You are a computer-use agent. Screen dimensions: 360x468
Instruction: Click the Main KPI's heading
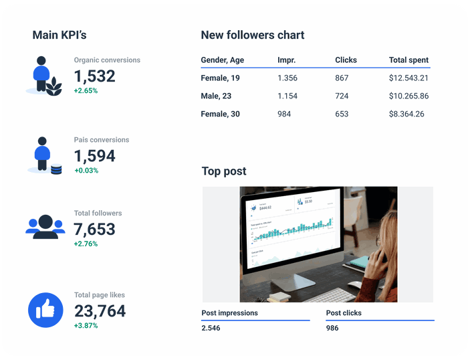(x=60, y=35)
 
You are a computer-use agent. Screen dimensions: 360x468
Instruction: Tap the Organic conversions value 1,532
(x=94, y=76)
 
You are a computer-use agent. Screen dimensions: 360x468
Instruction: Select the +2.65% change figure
(x=86, y=90)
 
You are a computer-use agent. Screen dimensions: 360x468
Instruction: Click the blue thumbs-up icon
(x=45, y=310)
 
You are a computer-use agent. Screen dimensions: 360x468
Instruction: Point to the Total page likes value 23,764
(x=100, y=311)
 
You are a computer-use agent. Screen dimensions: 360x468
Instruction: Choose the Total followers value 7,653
(x=94, y=230)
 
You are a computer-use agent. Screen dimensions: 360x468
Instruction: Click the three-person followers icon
(x=45, y=227)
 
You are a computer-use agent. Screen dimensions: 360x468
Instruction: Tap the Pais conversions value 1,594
(x=94, y=156)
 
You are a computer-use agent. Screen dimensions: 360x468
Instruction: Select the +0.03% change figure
(x=86, y=171)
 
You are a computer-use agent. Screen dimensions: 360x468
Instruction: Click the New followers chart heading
(x=253, y=35)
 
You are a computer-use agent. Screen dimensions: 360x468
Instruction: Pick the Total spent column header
(x=408, y=60)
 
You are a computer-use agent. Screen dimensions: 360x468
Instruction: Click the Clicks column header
(x=346, y=60)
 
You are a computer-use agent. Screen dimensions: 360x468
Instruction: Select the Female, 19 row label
(x=220, y=78)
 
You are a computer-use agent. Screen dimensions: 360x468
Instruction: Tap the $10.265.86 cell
(x=408, y=96)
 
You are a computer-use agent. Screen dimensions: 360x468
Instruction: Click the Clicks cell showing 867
(x=342, y=78)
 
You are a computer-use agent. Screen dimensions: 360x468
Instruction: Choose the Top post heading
(x=224, y=172)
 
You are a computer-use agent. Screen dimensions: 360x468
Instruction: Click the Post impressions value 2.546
(x=211, y=328)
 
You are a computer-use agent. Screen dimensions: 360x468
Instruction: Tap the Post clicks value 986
(x=332, y=328)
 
